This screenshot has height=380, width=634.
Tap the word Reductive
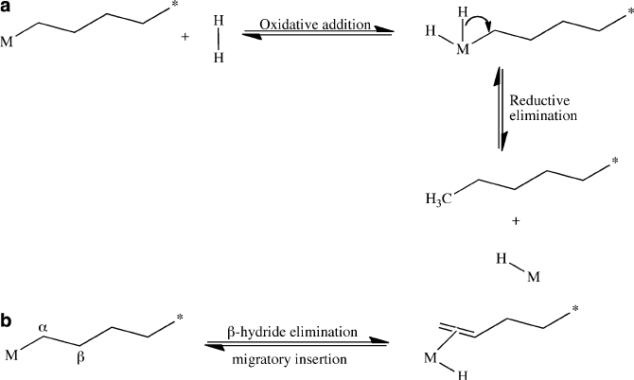pyautogui.click(x=537, y=100)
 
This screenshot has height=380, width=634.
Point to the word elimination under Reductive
pyautogui.click(x=541, y=118)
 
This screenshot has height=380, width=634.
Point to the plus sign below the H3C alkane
pyautogui.click(x=516, y=221)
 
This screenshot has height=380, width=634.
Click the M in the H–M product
pyautogui.click(x=534, y=278)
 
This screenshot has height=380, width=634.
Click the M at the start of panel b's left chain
pyautogui.click(x=12, y=355)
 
